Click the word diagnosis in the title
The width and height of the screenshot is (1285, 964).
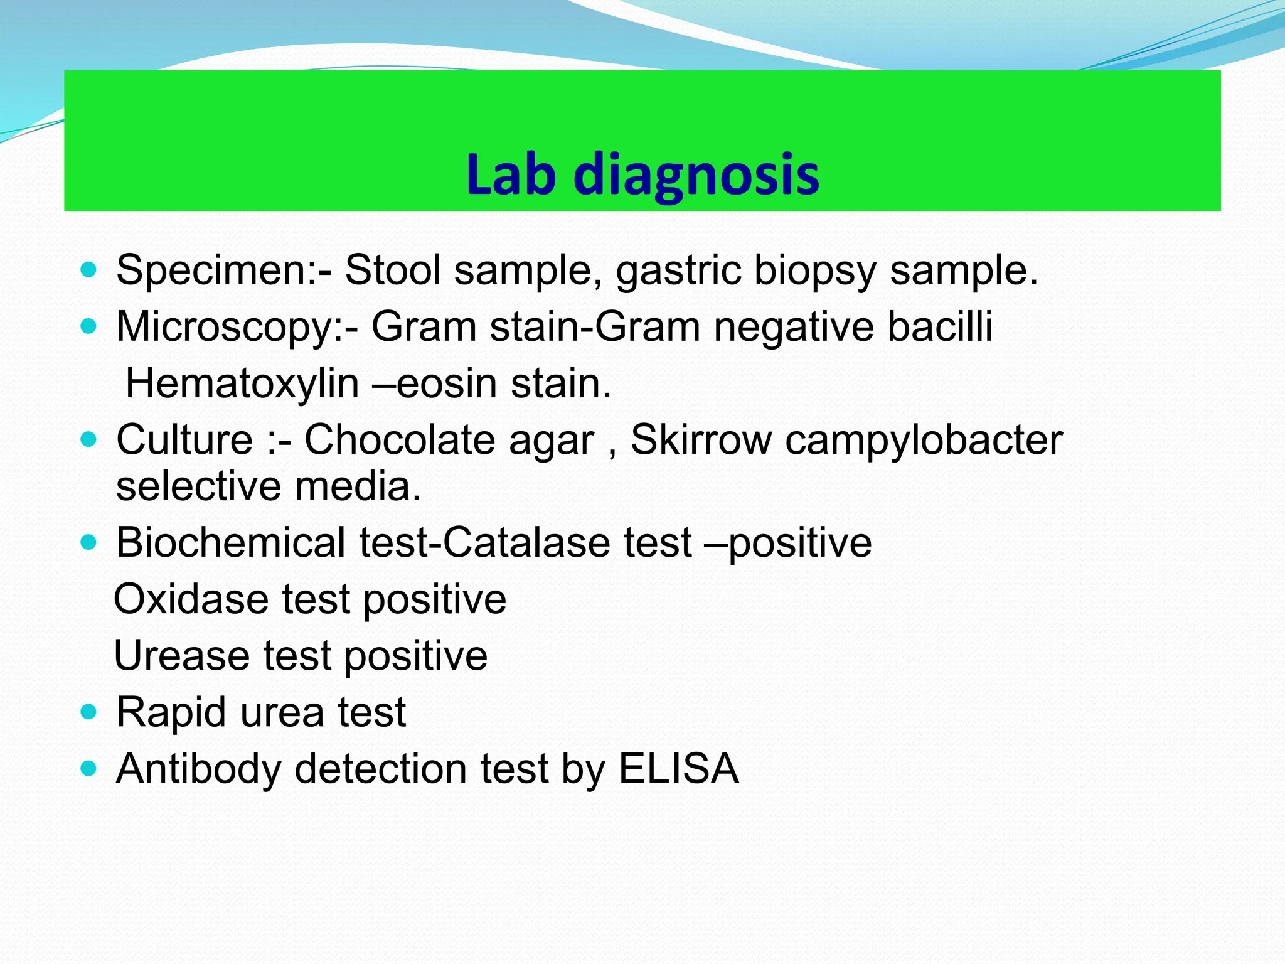696,175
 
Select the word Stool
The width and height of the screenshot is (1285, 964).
393,270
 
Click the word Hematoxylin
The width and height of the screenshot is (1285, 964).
242,383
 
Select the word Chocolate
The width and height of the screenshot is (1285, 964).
449,439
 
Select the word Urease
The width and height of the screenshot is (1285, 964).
182,656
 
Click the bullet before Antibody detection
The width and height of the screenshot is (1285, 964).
89,768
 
